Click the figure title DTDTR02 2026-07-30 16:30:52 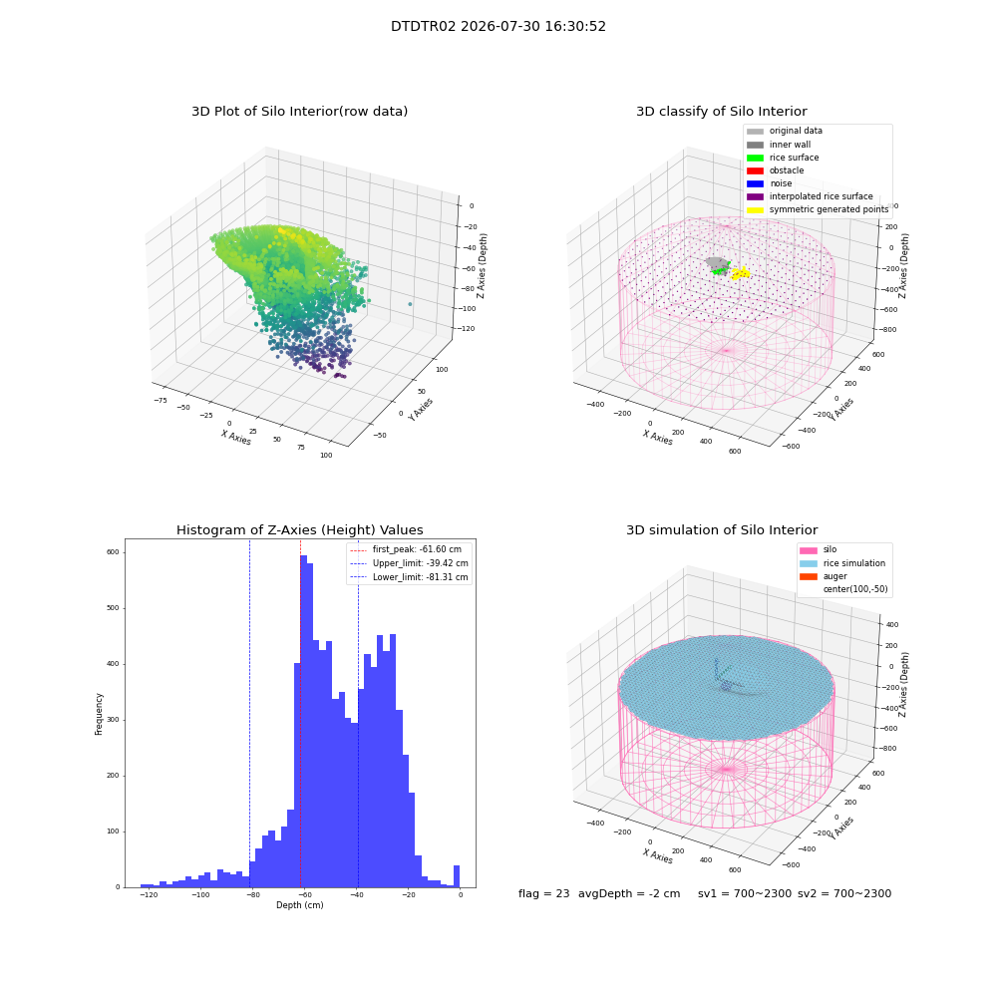point(498,27)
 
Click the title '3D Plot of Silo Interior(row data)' point(299,112)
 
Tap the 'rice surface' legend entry point(782,158)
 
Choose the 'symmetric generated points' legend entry point(818,209)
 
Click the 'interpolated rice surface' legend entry point(810,196)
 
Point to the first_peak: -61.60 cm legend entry point(406,549)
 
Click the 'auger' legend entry point(824,576)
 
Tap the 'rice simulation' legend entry point(842,563)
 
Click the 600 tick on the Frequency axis point(113,552)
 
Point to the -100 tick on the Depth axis point(200,894)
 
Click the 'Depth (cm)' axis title point(299,905)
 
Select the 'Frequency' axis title point(99,714)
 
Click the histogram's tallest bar point(303,721)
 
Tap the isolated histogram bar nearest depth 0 point(456,876)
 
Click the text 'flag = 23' point(543,893)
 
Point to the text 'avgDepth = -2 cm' point(629,893)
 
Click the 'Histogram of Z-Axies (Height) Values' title point(299,530)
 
